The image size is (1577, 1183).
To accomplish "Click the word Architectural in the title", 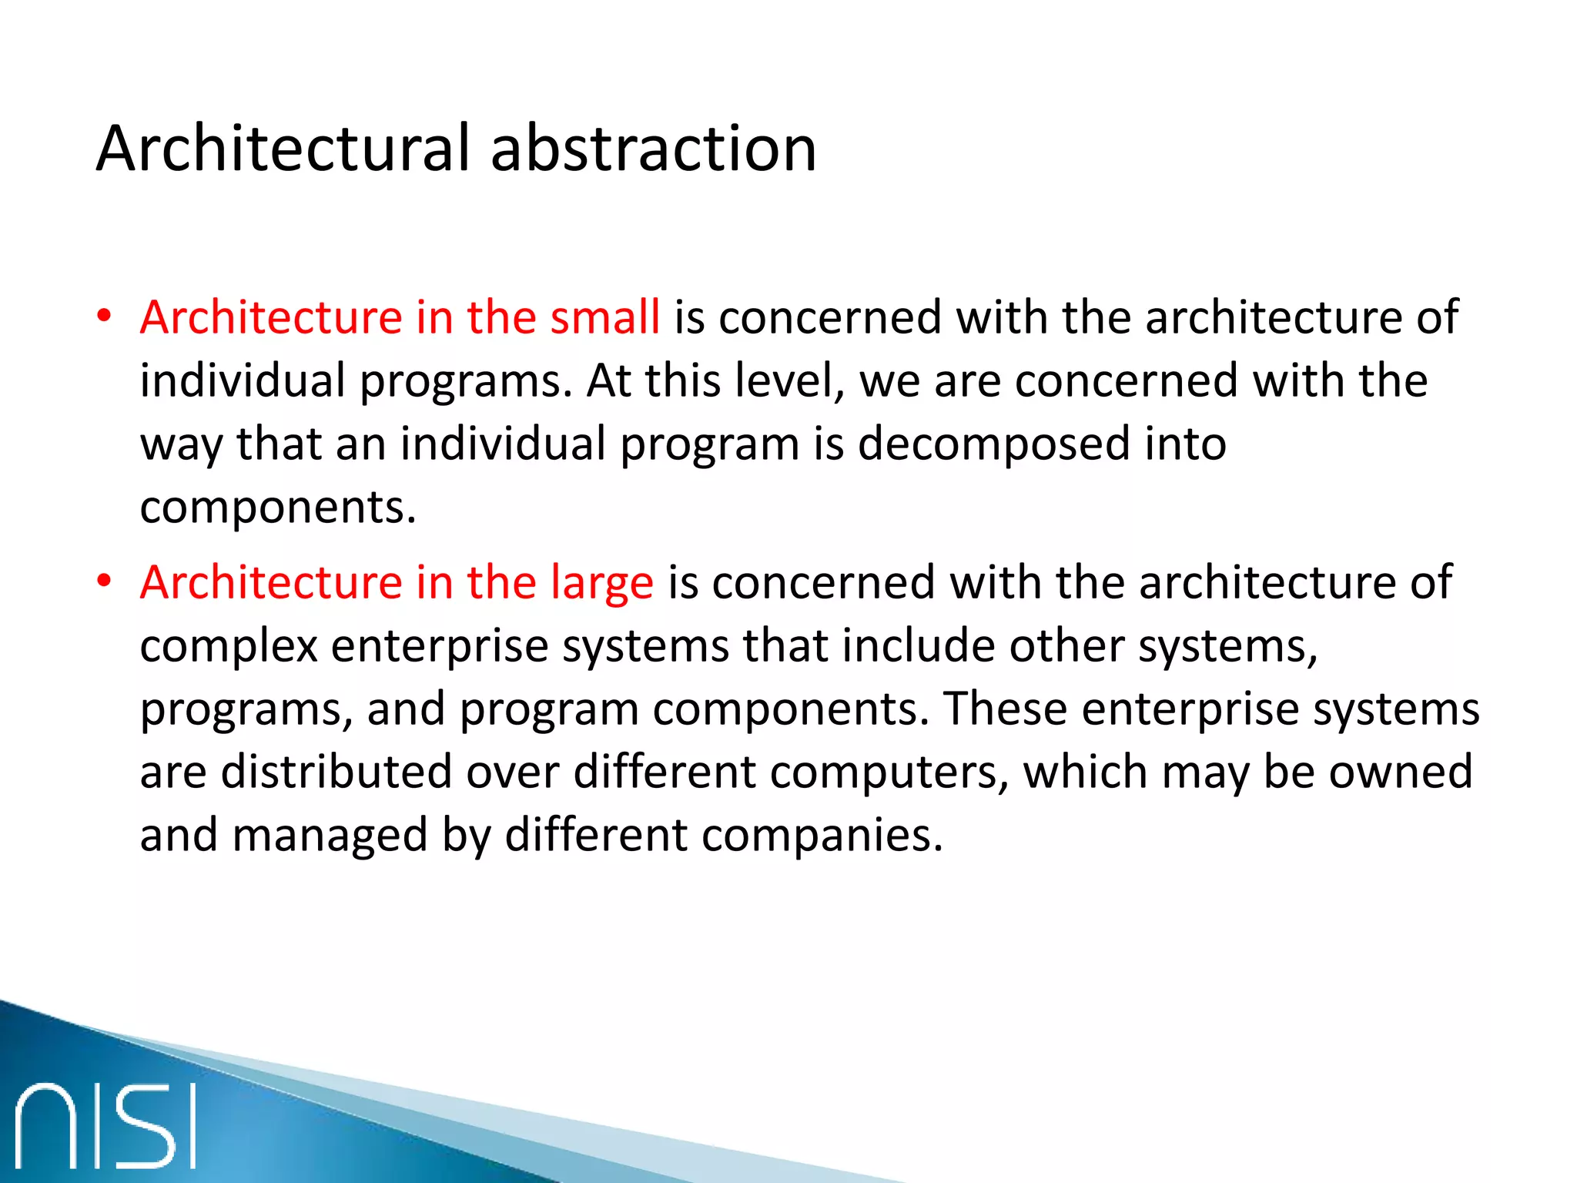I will click(283, 149).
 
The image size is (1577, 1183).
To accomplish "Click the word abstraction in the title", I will click(653, 149).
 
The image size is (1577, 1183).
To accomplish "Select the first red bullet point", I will click(105, 317).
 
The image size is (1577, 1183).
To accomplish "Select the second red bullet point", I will click(105, 581).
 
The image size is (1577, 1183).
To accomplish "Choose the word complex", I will click(229, 646).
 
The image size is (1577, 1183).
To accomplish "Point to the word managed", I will click(330, 836).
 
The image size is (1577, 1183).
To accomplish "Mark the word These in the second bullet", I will click(1005, 709).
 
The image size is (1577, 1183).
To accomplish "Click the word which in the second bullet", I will click(1085, 772).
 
